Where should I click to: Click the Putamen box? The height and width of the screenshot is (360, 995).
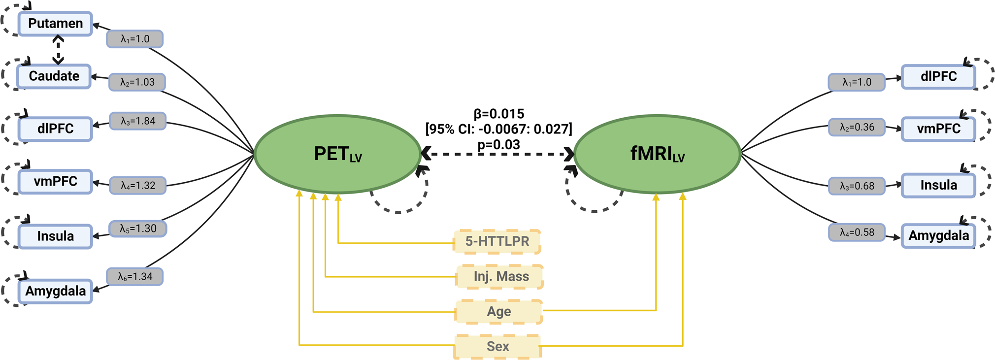(55, 24)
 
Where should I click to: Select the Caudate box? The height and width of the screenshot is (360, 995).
(54, 76)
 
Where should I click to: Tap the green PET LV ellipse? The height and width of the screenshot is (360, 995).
(338, 154)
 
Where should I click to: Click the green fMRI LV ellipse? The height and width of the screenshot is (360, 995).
(657, 154)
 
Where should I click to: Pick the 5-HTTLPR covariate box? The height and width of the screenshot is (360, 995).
(497, 241)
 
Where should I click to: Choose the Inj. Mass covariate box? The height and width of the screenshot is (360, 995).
(500, 276)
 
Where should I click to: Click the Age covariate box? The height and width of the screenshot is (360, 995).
(499, 311)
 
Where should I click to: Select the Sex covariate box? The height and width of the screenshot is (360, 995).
(497, 346)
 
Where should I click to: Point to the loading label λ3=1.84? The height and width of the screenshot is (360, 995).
(137, 121)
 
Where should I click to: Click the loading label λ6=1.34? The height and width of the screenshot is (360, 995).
(134, 276)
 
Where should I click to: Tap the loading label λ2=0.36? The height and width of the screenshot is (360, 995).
(857, 127)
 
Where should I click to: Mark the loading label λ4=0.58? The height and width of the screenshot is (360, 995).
(857, 232)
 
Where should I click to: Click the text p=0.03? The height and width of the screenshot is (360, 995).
(498, 145)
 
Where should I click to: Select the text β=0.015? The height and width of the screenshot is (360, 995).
(498, 114)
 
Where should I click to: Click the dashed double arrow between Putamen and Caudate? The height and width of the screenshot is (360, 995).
(58, 50)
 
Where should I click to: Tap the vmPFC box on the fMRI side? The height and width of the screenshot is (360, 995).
(938, 129)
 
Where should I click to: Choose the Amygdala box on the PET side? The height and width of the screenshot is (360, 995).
(55, 291)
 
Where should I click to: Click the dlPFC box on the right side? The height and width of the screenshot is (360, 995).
(938, 76)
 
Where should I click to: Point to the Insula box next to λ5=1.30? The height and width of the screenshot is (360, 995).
(55, 236)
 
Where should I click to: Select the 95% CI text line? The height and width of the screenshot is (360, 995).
(498, 129)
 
